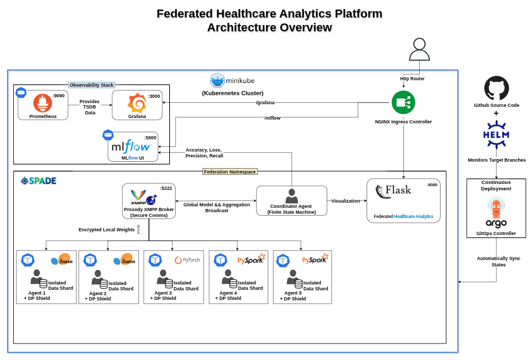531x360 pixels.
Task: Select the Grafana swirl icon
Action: tap(137, 103)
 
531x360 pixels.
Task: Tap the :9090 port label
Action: tap(59, 96)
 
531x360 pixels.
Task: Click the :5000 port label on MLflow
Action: tap(151, 138)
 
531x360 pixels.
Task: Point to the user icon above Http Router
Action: tap(419, 49)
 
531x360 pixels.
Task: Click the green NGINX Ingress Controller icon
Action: tap(403, 102)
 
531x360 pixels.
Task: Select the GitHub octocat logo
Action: tap(496, 88)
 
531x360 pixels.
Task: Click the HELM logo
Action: tap(496, 134)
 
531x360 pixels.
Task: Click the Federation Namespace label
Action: tap(230, 172)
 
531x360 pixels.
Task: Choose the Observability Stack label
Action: tap(92, 85)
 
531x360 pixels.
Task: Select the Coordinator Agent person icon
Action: tap(291, 195)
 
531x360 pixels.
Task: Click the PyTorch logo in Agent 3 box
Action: tap(187, 260)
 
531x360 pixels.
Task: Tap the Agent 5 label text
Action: tap(293, 293)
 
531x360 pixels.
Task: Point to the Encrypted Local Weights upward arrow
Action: tap(138, 229)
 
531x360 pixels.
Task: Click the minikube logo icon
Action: tap(218, 80)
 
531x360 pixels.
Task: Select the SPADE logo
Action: tap(38, 181)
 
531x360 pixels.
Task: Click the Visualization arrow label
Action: tap(345, 201)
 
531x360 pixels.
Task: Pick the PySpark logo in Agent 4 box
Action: tap(251, 259)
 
